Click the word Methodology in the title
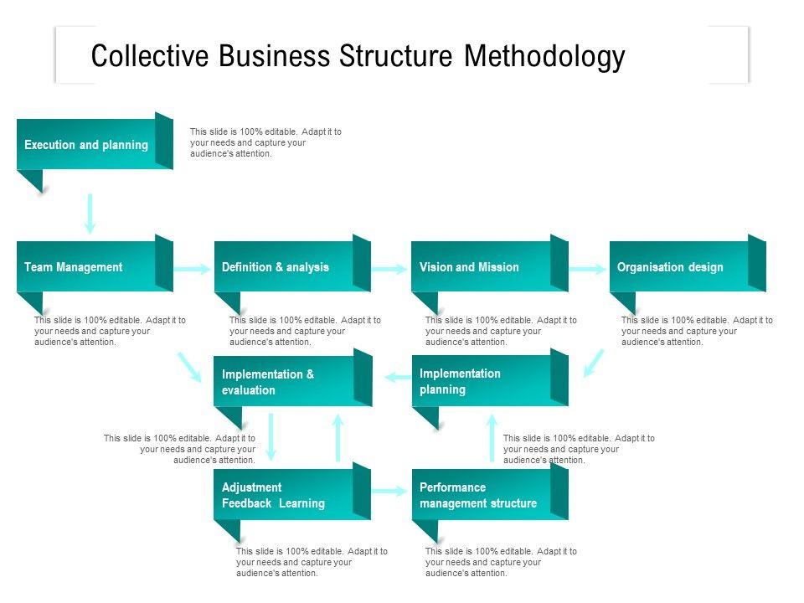[x=544, y=57]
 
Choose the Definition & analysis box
[x=284, y=267]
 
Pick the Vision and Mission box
[x=481, y=267]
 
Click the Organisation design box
[x=679, y=267]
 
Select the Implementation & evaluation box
[x=284, y=382]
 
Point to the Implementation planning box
[x=482, y=382]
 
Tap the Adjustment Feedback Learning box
[x=284, y=496]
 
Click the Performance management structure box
[x=482, y=496]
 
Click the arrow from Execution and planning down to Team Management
[x=90, y=214]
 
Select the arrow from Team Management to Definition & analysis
[x=193, y=269]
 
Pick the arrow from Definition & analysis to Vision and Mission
[x=390, y=269]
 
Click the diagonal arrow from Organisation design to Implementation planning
[x=593, y=363]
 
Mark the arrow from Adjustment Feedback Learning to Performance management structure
[x=390, y=491]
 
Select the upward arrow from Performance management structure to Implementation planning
[x=492, y=436]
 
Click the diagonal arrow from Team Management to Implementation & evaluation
[x=189, y=367]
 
